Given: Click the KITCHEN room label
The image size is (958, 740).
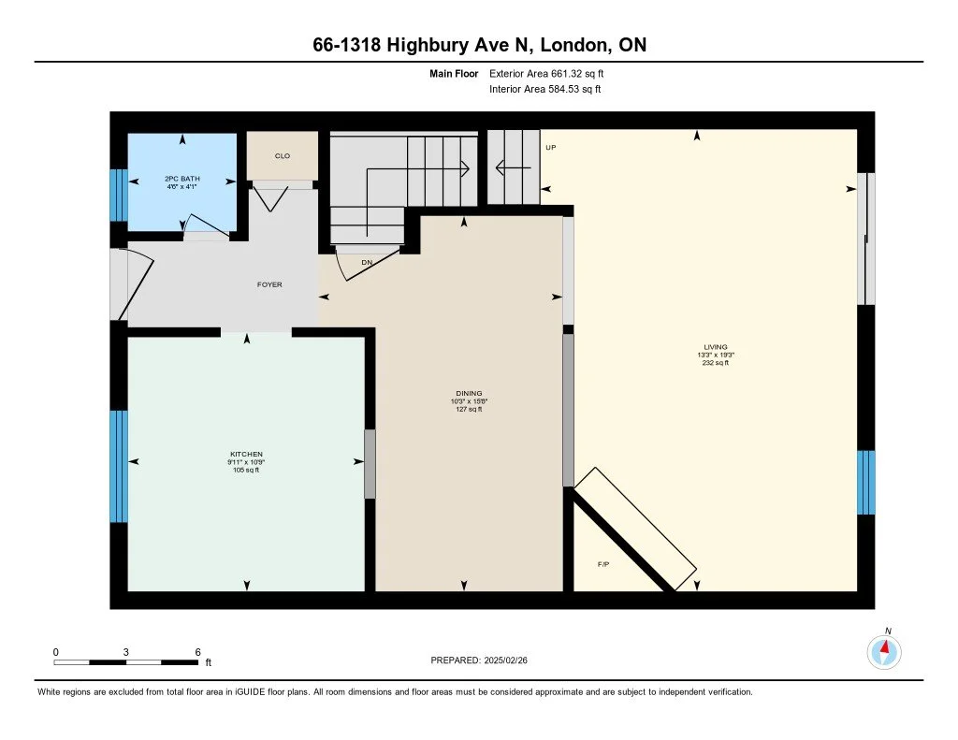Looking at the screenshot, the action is point(246,454).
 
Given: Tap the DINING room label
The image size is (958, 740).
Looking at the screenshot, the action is point(469,393).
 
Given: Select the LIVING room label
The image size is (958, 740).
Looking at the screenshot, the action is point(716,346).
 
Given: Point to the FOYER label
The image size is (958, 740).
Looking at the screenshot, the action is point(269,284).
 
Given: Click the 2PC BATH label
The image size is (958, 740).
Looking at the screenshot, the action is point(182,179).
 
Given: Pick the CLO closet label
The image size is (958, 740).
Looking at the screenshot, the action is point(283,156).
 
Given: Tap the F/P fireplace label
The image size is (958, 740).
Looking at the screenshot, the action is point(603,564).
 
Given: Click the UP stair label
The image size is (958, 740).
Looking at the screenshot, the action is point(550,147).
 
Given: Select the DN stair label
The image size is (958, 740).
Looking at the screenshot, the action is point(367,262).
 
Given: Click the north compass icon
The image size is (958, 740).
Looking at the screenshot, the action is point(884,652).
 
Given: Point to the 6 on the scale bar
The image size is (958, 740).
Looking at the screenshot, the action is point(197,652).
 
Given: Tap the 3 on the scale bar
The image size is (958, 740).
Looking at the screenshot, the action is point(126,652).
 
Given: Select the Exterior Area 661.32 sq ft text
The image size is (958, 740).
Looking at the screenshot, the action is point(546,73).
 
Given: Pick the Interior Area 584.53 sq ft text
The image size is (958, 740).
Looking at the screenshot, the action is point(545,89).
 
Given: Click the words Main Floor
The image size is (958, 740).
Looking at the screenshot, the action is point(454,73).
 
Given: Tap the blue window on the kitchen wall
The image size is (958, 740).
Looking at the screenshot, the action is point(119,466).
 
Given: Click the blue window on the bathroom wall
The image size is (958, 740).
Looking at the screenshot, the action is point(119,195).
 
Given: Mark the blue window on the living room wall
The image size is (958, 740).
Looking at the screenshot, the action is point(865,482).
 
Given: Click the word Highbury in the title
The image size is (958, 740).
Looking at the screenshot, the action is point(427,45).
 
